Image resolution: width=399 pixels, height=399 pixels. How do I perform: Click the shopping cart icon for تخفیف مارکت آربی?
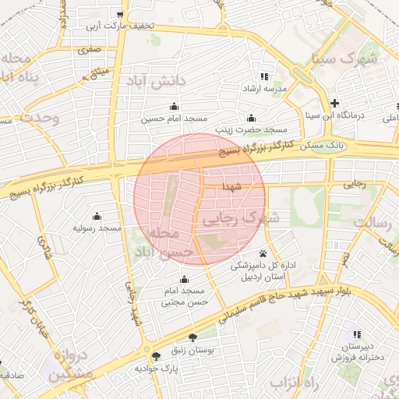[119, 14]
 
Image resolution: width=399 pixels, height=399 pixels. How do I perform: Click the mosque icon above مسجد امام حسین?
[173, 107]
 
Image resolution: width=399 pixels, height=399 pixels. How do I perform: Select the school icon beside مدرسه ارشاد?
[263, 76]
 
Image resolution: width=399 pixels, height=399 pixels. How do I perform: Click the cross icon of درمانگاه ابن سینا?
[334, 103]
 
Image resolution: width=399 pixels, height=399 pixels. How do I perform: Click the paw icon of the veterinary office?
[263, 253]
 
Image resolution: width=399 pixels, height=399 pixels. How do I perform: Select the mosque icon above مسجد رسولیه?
[97, 216]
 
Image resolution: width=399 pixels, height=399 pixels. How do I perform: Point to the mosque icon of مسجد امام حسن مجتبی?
[184, 279]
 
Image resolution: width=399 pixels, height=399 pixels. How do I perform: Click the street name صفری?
[89, 49]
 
